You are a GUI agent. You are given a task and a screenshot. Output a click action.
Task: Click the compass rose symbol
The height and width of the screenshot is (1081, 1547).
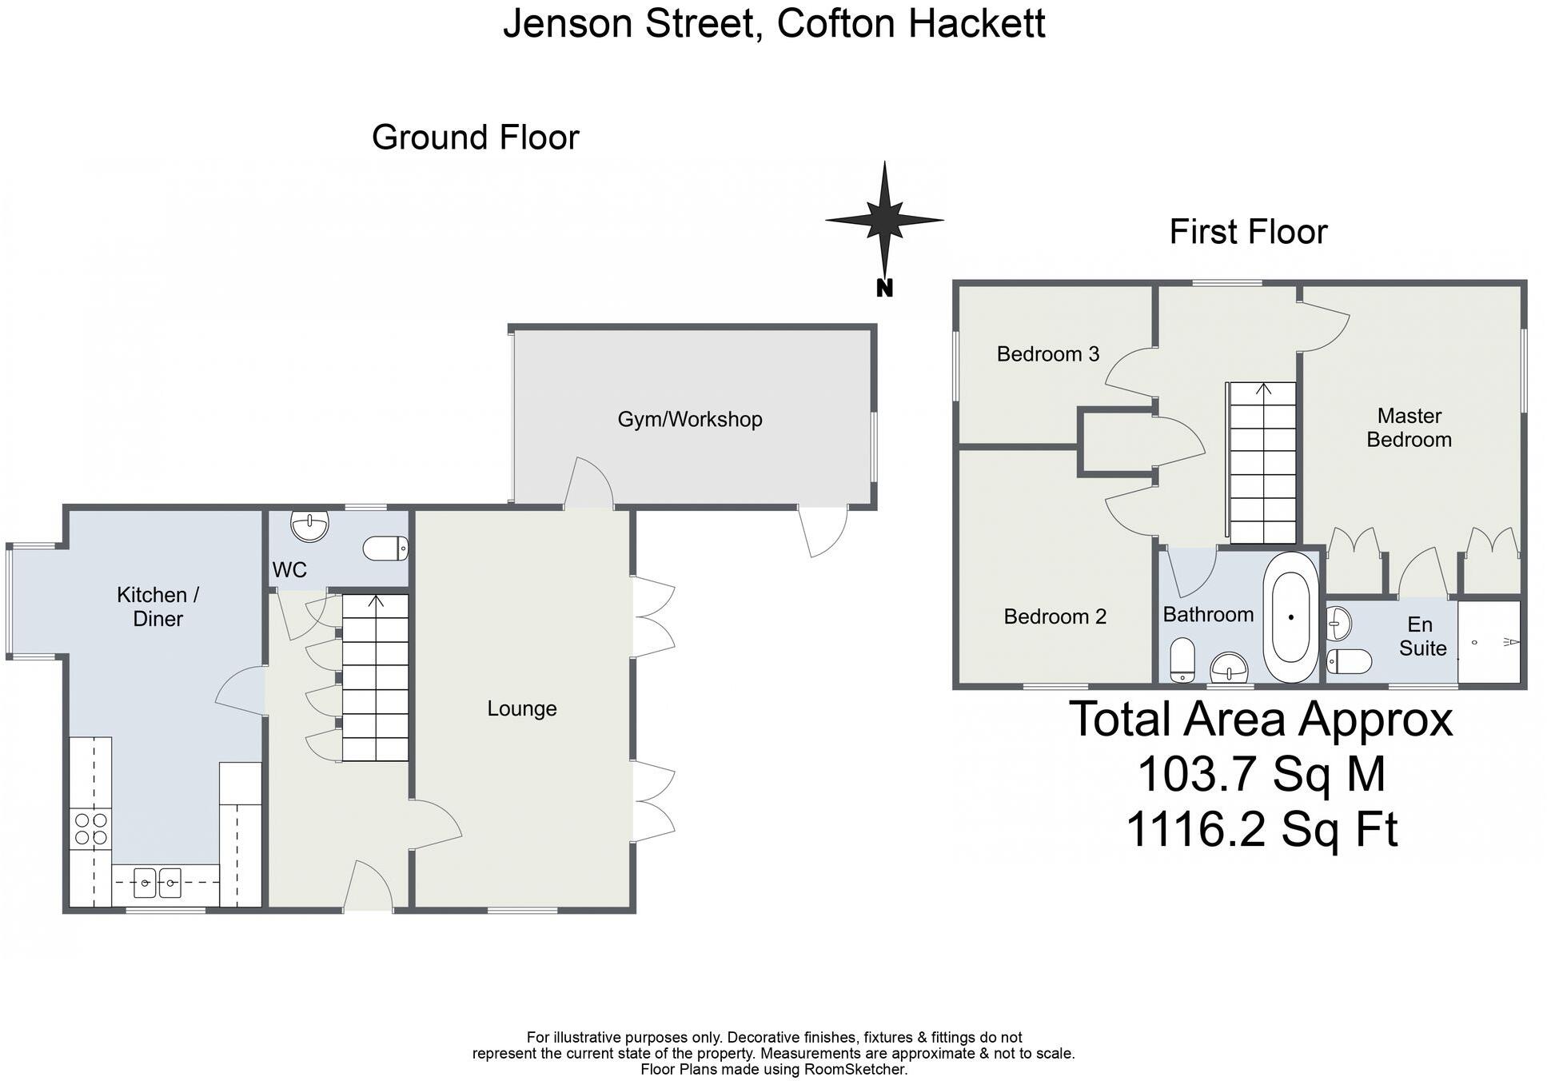[884, 220]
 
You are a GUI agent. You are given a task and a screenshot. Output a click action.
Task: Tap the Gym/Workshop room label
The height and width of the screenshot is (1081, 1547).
[690, 419]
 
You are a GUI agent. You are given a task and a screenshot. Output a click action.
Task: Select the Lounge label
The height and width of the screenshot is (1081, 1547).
[522, 708]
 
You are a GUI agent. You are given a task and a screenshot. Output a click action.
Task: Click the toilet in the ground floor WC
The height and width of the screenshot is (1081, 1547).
[385, 548]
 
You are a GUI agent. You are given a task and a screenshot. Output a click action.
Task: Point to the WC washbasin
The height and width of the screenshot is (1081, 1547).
[310, 525]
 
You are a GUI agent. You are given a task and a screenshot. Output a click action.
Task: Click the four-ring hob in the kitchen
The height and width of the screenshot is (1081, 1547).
[90, 828]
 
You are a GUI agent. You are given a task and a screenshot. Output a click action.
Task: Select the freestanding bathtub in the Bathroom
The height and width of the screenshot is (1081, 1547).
[1290, 617]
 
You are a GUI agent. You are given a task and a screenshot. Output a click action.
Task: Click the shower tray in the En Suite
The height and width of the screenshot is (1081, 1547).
[1489, 642]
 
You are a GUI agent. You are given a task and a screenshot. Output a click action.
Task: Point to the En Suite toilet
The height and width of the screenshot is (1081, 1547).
[1349, 661]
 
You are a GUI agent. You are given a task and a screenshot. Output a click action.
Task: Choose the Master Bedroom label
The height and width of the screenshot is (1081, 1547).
[1409, 428]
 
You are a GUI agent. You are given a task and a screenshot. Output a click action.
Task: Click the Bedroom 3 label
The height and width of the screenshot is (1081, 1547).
[1047, 353]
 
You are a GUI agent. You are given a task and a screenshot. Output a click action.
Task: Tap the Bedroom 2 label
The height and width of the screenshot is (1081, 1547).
[1055, 616]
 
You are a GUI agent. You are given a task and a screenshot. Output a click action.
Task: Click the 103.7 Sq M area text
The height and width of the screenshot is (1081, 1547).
[1261, 774]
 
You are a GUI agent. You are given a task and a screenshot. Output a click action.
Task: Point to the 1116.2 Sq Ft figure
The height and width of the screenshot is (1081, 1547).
[1261, 829]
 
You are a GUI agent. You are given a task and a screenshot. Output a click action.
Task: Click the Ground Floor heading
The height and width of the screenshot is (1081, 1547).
[475, 138]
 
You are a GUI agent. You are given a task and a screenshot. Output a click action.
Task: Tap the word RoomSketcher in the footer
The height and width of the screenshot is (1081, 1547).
[855, 1069]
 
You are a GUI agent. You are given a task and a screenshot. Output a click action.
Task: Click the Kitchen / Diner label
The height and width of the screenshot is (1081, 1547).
[157, 606]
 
